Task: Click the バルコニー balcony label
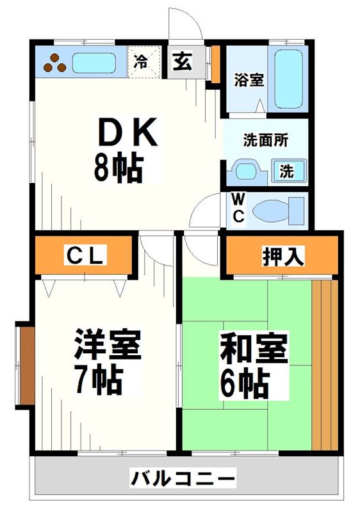point(183,477)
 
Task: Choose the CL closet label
point(85,256)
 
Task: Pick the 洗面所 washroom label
point(263,140)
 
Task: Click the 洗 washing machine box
point(288,171)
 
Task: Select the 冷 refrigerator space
point(141,62)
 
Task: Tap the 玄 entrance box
point(182,62)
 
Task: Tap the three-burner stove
point(56,63)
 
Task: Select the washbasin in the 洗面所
point(245,171)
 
